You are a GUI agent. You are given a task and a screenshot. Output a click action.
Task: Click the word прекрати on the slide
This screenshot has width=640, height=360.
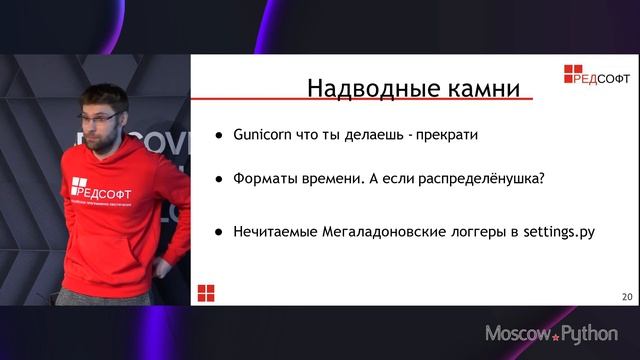[x=446, y=134]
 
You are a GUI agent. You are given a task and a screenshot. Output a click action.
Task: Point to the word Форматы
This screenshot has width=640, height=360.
[x=269, y=179]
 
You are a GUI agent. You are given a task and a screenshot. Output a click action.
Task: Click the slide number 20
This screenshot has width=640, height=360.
[x=627, y=296]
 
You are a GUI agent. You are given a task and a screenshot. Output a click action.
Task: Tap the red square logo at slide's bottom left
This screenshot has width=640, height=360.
[x=206, y=292]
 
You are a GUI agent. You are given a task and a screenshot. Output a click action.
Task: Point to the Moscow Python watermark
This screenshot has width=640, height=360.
[x=551, y=333]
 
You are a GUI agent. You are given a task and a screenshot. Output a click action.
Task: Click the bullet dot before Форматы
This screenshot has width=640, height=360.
[x=219, y=180]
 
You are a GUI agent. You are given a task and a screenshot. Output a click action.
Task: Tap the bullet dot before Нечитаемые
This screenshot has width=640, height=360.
[x=219, y=232]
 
